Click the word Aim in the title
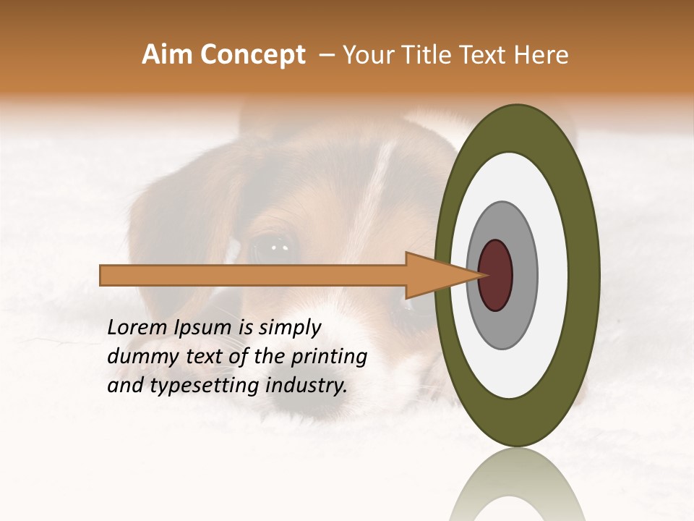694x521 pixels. coord(168,55)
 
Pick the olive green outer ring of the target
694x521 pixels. coord(583,275)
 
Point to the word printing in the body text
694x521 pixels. coord(330,357)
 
